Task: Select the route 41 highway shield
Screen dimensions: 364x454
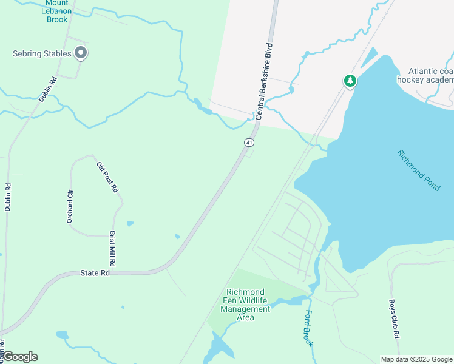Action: (x=249, y=142)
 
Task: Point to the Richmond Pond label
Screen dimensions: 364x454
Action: (x=419, y=170)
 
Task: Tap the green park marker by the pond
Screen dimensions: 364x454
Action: (x=350, y=81)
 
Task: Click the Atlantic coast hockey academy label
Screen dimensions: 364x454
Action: (x=425, y=75)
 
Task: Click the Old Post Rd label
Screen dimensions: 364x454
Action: (x=107, y=177)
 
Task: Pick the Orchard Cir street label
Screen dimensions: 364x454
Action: (x=70, y=206)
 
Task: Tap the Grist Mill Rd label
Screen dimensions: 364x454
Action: (x=112, y=249)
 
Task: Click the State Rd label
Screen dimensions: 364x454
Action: (x=95, y=274)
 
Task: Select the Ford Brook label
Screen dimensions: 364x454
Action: (x=310, y=328)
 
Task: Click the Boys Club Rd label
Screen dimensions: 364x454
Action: (x=395, y=318)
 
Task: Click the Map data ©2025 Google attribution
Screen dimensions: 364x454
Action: (x=416, y=359)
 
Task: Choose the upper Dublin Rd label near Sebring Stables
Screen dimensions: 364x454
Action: (x=47, y=89)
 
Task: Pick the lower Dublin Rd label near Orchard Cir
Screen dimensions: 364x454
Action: (x=8, y=197)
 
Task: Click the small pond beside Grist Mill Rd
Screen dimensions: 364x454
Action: (x=130, y=224)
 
